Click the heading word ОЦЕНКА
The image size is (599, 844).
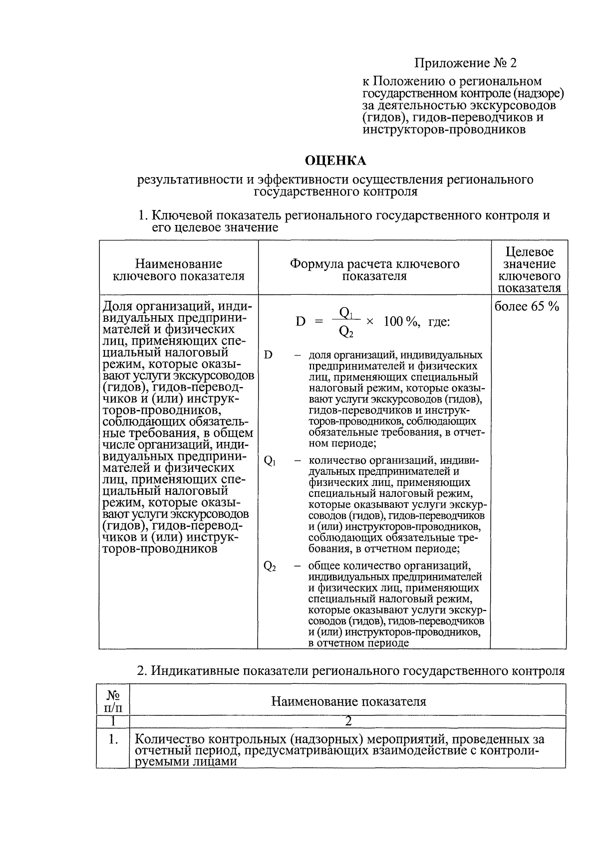[335, 161]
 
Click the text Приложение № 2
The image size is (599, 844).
[465, 63]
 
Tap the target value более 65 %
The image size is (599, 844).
[527, 306]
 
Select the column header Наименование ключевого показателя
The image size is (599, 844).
[179, 270]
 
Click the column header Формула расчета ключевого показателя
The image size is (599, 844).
[374, 270]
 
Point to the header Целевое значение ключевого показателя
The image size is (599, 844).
[530, 270]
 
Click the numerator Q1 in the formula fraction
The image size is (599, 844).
[346, 313]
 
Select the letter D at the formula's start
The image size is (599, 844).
[300, 322]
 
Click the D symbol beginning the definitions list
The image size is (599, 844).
[268, 355]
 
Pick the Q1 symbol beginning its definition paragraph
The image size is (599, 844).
[269, 461]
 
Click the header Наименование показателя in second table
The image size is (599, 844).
[348, 702]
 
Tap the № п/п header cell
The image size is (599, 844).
[113, 701]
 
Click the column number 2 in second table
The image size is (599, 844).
[348, 721]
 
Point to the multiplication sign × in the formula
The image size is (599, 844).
[370, 322]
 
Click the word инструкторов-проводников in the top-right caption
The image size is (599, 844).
[444, 130]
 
